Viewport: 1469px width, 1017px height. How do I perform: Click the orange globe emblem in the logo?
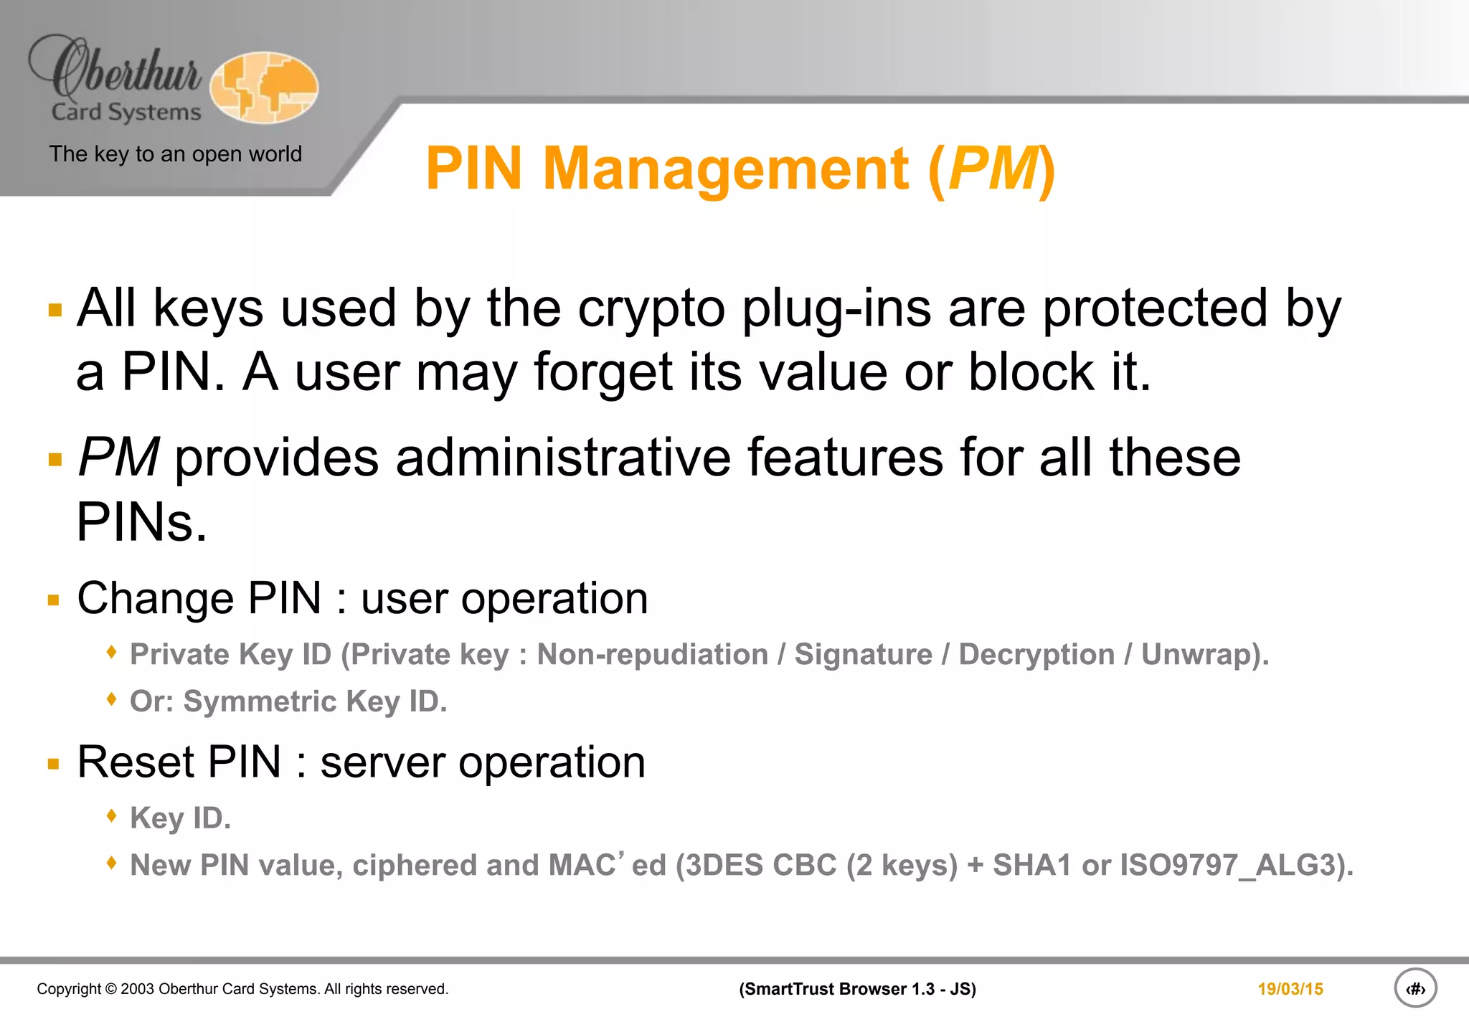(264, 87)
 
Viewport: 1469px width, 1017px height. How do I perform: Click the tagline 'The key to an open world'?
(175, 153)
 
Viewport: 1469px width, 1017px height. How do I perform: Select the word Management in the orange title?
(726, 169)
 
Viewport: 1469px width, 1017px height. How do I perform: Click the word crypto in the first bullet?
(651, 308)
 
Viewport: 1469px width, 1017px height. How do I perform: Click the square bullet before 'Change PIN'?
(54, 600)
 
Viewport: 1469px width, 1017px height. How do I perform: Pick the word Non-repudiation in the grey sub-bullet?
(652, 654)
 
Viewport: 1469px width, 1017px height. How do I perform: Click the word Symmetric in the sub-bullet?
(259, 701)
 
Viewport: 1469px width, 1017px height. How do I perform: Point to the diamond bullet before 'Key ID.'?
(111, 815)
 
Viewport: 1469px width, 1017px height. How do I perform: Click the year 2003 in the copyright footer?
(137, 989)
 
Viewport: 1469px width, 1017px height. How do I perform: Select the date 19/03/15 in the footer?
(1290, 989)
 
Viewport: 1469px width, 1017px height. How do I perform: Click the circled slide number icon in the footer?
(1414, 988)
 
